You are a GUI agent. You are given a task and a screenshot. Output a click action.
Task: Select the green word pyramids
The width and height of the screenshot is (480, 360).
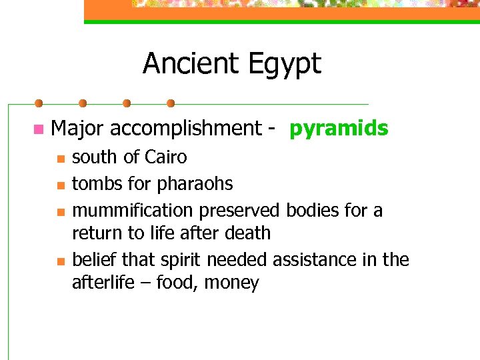point(338,128)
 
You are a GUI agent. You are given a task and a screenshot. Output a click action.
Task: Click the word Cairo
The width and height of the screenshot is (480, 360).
point(166,157)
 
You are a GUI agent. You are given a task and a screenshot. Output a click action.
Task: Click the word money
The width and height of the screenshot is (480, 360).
point(231,283)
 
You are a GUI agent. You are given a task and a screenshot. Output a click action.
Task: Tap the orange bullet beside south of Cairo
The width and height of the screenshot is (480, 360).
point(59,159)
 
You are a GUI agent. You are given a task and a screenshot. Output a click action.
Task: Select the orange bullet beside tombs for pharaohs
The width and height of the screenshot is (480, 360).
point(59,184)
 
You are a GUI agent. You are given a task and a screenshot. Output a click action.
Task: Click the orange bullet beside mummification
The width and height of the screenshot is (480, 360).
point(59,211)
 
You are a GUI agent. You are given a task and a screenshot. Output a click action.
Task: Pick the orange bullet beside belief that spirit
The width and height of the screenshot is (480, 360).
point(59,261)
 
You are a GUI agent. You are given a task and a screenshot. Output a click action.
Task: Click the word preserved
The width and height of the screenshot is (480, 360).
point(239,210)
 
